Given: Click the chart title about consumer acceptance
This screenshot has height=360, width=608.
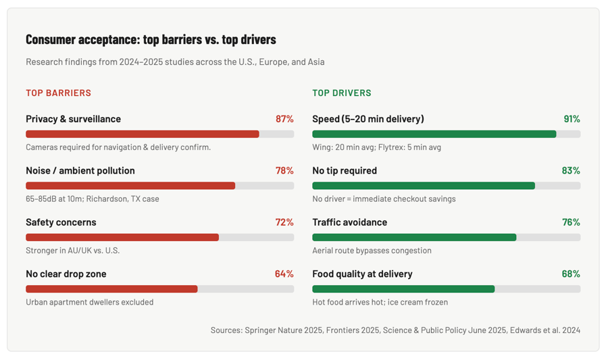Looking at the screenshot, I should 151,39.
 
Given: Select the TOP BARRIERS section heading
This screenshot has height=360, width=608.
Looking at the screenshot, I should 58,93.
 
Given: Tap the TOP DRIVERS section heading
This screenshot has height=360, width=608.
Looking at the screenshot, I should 341,93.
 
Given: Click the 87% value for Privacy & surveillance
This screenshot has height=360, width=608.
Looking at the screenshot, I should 284,119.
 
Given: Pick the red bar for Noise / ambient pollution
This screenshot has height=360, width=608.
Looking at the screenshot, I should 130,186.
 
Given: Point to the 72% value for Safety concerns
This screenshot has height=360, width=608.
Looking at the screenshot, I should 284,222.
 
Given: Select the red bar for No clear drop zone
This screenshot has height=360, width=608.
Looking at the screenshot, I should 111,289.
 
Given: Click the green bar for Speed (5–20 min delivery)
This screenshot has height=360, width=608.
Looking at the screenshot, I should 434,134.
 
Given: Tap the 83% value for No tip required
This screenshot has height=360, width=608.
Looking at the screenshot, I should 571,171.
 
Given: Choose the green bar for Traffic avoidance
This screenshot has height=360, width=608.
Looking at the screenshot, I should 414,238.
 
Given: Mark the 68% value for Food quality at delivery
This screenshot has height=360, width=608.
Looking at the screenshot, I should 571,274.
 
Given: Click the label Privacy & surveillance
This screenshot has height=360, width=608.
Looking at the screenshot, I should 73,119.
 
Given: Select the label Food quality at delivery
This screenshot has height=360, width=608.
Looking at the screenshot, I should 362,274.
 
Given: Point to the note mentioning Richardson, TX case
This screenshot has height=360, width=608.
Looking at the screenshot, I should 93,199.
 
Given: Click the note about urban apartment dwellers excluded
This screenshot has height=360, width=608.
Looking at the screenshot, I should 89,303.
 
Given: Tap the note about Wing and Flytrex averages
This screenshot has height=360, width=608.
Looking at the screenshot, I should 376,147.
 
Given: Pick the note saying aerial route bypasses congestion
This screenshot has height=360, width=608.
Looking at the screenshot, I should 372,251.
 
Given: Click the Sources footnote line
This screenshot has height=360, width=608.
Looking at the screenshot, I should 395,330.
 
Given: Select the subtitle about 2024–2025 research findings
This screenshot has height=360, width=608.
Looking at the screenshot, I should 175,62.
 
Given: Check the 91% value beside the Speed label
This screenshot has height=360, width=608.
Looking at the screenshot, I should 572,119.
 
